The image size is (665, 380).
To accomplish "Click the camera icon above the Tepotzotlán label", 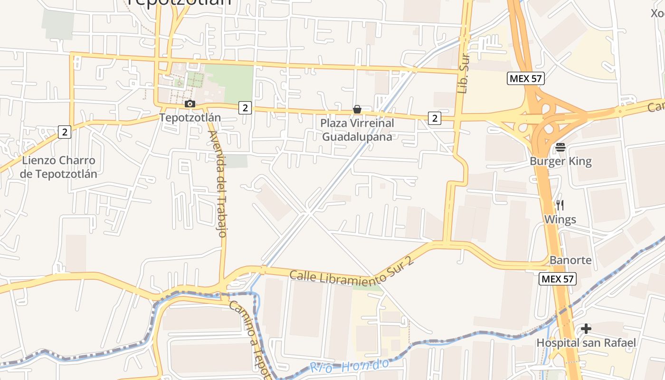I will (190, 104).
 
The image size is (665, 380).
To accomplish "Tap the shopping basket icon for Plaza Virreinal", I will (357, 110).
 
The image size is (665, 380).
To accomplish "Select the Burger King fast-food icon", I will (560, 148).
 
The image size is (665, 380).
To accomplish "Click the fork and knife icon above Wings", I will (560, 205).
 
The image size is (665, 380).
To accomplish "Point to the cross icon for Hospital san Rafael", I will (586, 328).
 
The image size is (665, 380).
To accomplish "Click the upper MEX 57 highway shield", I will (526, 79).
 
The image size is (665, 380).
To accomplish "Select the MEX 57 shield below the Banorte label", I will (557, 279).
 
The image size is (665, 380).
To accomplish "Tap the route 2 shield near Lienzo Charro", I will (65, 132).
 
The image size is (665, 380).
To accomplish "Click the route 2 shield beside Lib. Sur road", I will (434, 118).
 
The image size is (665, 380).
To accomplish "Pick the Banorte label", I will (570, 260).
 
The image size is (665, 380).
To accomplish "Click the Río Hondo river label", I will (350, 366).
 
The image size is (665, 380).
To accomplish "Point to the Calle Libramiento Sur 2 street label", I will (352, 272).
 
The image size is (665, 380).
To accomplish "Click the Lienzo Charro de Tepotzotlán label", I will (59, 167).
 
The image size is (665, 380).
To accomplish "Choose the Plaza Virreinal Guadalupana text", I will (357, 130).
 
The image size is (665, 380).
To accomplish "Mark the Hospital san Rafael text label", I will (586, 342).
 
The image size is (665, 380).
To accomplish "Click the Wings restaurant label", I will (560, 219).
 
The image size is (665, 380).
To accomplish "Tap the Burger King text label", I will (560, 161).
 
